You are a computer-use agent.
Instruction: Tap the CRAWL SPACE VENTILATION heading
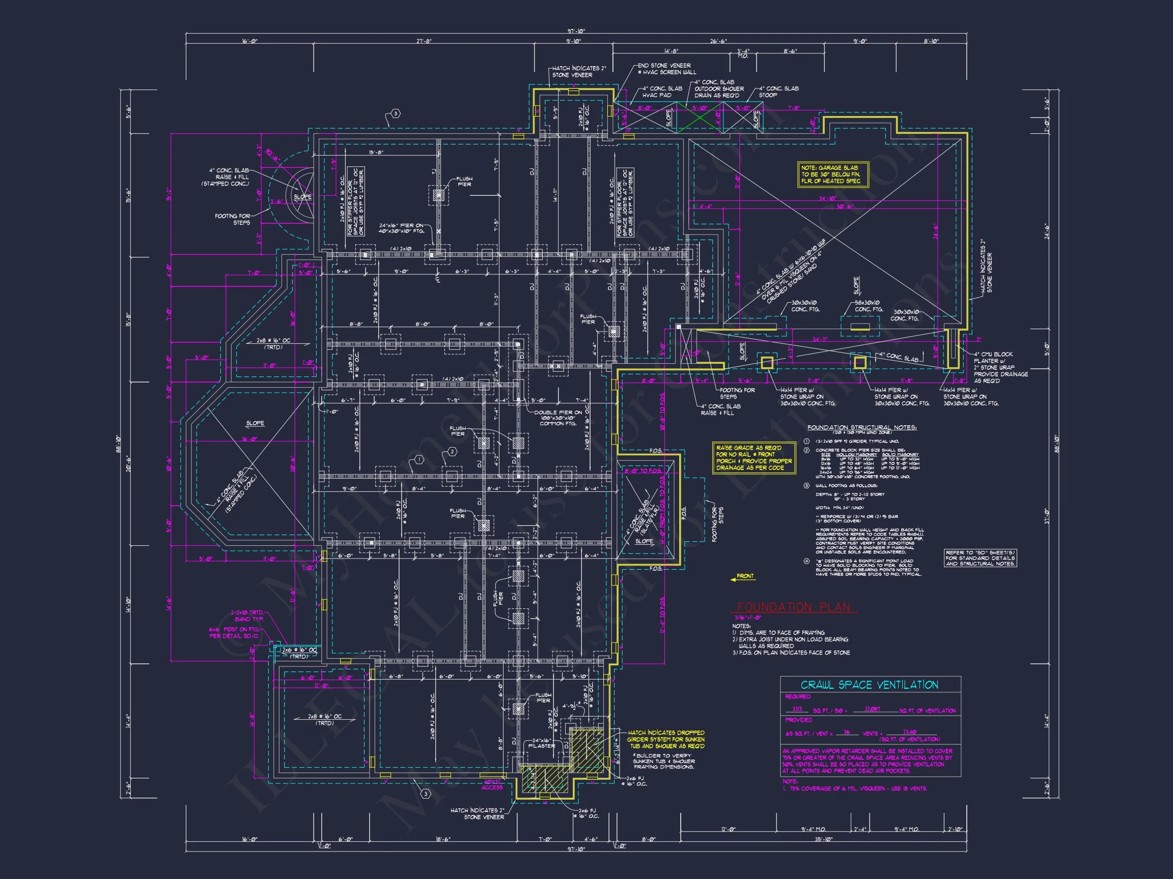coord(869,685)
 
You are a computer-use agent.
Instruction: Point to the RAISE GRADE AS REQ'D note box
coord(753,458)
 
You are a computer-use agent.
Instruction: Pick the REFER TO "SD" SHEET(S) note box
coord(980,559)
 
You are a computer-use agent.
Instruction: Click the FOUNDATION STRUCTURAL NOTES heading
coord(862,428)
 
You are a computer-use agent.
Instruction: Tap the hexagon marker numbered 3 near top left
coord(395,114)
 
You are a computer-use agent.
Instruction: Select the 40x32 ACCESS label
coord(492,785)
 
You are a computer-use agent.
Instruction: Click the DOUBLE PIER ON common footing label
coord(558,418)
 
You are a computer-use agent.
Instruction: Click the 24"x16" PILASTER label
coord(541,743)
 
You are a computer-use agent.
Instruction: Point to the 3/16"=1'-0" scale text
coord(748,618)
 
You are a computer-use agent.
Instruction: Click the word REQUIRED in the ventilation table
coord(798,697)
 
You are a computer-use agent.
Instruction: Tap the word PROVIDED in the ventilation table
coord(798,720)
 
